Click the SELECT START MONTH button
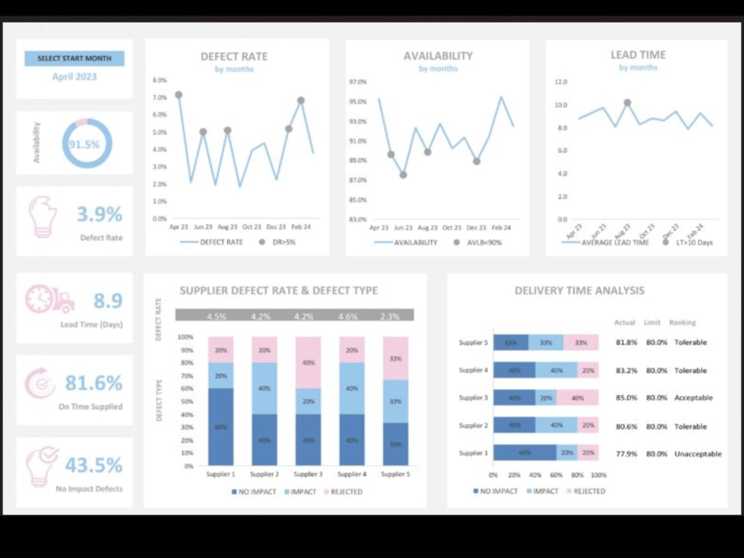(74, 58)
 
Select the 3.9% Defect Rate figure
(99, 214)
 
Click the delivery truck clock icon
(50, 299)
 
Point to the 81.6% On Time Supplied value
(93, 383)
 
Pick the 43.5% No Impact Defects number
(93, 465)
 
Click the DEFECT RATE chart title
(234, 57)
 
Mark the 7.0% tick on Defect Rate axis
(159, 97)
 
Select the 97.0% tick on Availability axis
(357, 82)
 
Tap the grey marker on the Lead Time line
(627, 103)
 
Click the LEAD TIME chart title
(638, 55)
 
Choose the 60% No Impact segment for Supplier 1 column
(221, 426)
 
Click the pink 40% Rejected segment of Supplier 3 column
(309, 362)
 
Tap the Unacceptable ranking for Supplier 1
(697, 454)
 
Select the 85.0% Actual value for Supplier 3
(626, 398)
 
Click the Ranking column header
(682, 323)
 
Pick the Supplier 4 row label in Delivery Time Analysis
(472, 371)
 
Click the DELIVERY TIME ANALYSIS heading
(580, 291)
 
